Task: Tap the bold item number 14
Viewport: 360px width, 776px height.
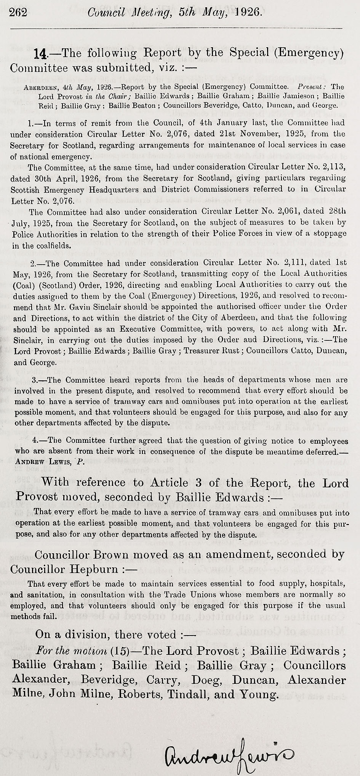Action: click(x=41, y=53)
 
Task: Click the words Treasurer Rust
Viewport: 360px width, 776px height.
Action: click(x=211, y=351)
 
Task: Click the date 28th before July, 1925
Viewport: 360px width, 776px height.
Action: click(x=337, y=211)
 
